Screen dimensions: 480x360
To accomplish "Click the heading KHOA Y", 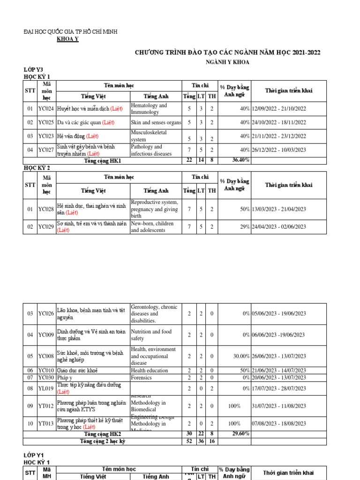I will (x=67, y=39).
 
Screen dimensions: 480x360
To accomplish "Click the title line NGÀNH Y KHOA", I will (x=228, y=62).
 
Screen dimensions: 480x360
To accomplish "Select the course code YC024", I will (x=46, y=109).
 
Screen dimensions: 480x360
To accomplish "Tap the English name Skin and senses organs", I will (x=156, y=122).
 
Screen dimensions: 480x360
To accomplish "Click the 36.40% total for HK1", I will (x=240, y=160).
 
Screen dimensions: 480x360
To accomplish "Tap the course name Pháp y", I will (x=65, y=377).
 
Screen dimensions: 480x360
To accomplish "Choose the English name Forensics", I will (x=141, y=377).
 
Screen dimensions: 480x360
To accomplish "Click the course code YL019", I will (x=46, y=388).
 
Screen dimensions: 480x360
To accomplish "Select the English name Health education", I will (x=149, y=370).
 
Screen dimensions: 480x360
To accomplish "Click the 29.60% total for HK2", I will (x=240, y=435).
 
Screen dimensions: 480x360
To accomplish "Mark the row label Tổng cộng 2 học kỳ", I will (x=102, y=441).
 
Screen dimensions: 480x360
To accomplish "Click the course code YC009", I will (x=46, y=335).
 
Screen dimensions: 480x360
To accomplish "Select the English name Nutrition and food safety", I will (x=151, y=335).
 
